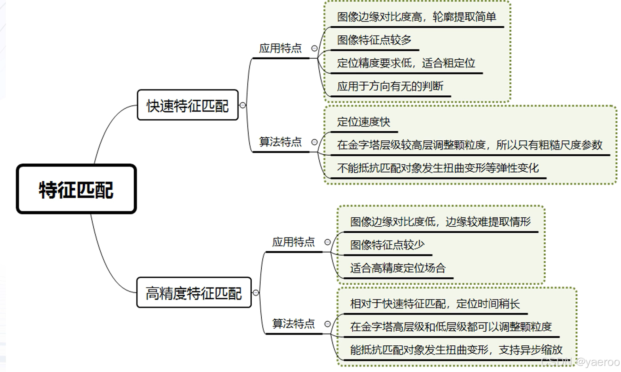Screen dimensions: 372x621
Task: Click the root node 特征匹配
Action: (x=76, y=189)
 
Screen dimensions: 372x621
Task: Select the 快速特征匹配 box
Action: (x=188, y=105)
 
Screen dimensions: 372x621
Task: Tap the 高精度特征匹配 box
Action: (x=194, y=293)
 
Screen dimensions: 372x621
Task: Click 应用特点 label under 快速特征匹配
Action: (x=280, y=48)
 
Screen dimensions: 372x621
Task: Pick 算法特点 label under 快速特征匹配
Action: (x=280, y=142)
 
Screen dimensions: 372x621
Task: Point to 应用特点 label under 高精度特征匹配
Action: (x=293, y=242)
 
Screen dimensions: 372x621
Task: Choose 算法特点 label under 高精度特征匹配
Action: (x=293, y=324)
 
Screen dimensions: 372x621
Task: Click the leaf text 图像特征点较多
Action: (x=374, y=40)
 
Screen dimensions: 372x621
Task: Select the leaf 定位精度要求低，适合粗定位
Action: (x=406, y=63)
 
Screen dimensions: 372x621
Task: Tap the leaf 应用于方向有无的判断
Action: (x=390, y=86)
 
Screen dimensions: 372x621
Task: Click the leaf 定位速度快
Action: (x=364, y=122)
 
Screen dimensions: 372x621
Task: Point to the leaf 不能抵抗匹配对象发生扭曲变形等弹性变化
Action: (x=438, y=168)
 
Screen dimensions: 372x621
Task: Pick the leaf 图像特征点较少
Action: (x=387, y=245)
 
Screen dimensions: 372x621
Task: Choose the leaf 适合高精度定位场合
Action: (x=398, y=268)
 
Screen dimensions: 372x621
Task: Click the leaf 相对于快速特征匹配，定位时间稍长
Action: (x=435, y=304)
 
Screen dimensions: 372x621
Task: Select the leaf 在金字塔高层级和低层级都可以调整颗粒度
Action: (x=451, y=327)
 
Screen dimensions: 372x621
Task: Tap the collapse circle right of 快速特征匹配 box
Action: (x=243, y=105)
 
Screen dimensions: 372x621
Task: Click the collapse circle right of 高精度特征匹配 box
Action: (x=256, y=293)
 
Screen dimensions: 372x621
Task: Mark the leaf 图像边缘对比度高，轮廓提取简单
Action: (x=416, y=17)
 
